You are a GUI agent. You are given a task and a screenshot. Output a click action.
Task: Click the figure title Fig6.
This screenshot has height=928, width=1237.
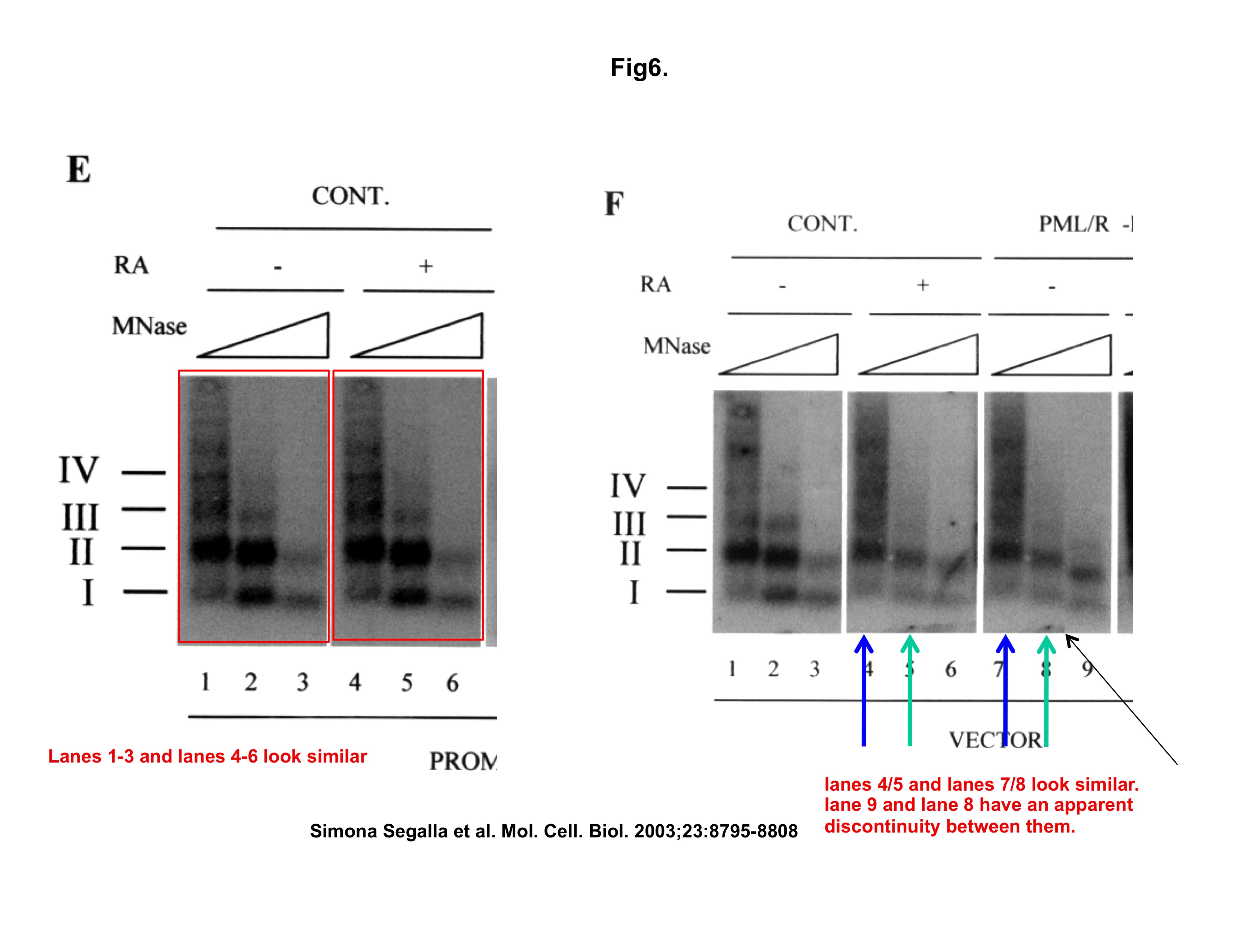coord(639,68)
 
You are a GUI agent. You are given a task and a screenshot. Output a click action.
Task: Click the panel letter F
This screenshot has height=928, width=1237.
coord(614,204)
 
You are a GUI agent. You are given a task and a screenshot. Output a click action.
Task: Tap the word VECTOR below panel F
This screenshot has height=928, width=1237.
coord(995,740)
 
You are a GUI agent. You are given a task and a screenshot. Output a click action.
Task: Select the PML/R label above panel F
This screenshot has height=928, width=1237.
coord(1074,224)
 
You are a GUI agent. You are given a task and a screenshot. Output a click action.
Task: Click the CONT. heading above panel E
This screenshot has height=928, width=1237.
coord(351,196)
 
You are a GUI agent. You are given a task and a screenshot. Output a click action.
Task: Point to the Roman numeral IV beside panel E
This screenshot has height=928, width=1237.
coord(79,470)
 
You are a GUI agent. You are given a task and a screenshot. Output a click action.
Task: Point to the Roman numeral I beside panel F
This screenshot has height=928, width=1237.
coord(633,592)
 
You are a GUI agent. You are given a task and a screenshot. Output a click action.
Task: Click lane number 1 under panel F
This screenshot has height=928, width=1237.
coord(732,669)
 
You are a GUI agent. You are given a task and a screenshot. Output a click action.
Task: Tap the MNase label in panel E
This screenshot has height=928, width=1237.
coord(149,326)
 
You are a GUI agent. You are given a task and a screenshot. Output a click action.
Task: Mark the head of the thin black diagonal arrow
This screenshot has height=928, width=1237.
coord(1068,636)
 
